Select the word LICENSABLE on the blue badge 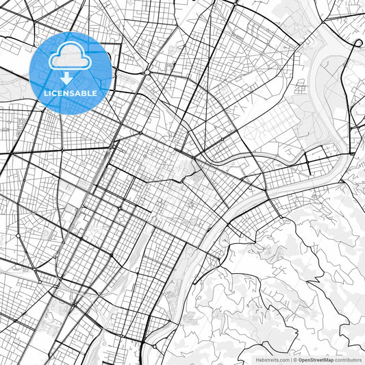pyautogui.click(x=71, y=92)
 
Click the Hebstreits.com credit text pyautogui.click(x=272, y=359)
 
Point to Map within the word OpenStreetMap pyautogui.click(x=329, y=359)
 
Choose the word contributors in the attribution pyautogui.click(x=349, y=359)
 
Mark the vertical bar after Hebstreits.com pyautogui.click(x=291, y=359)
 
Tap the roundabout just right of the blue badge pyautogui.click(x=147, y=72)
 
